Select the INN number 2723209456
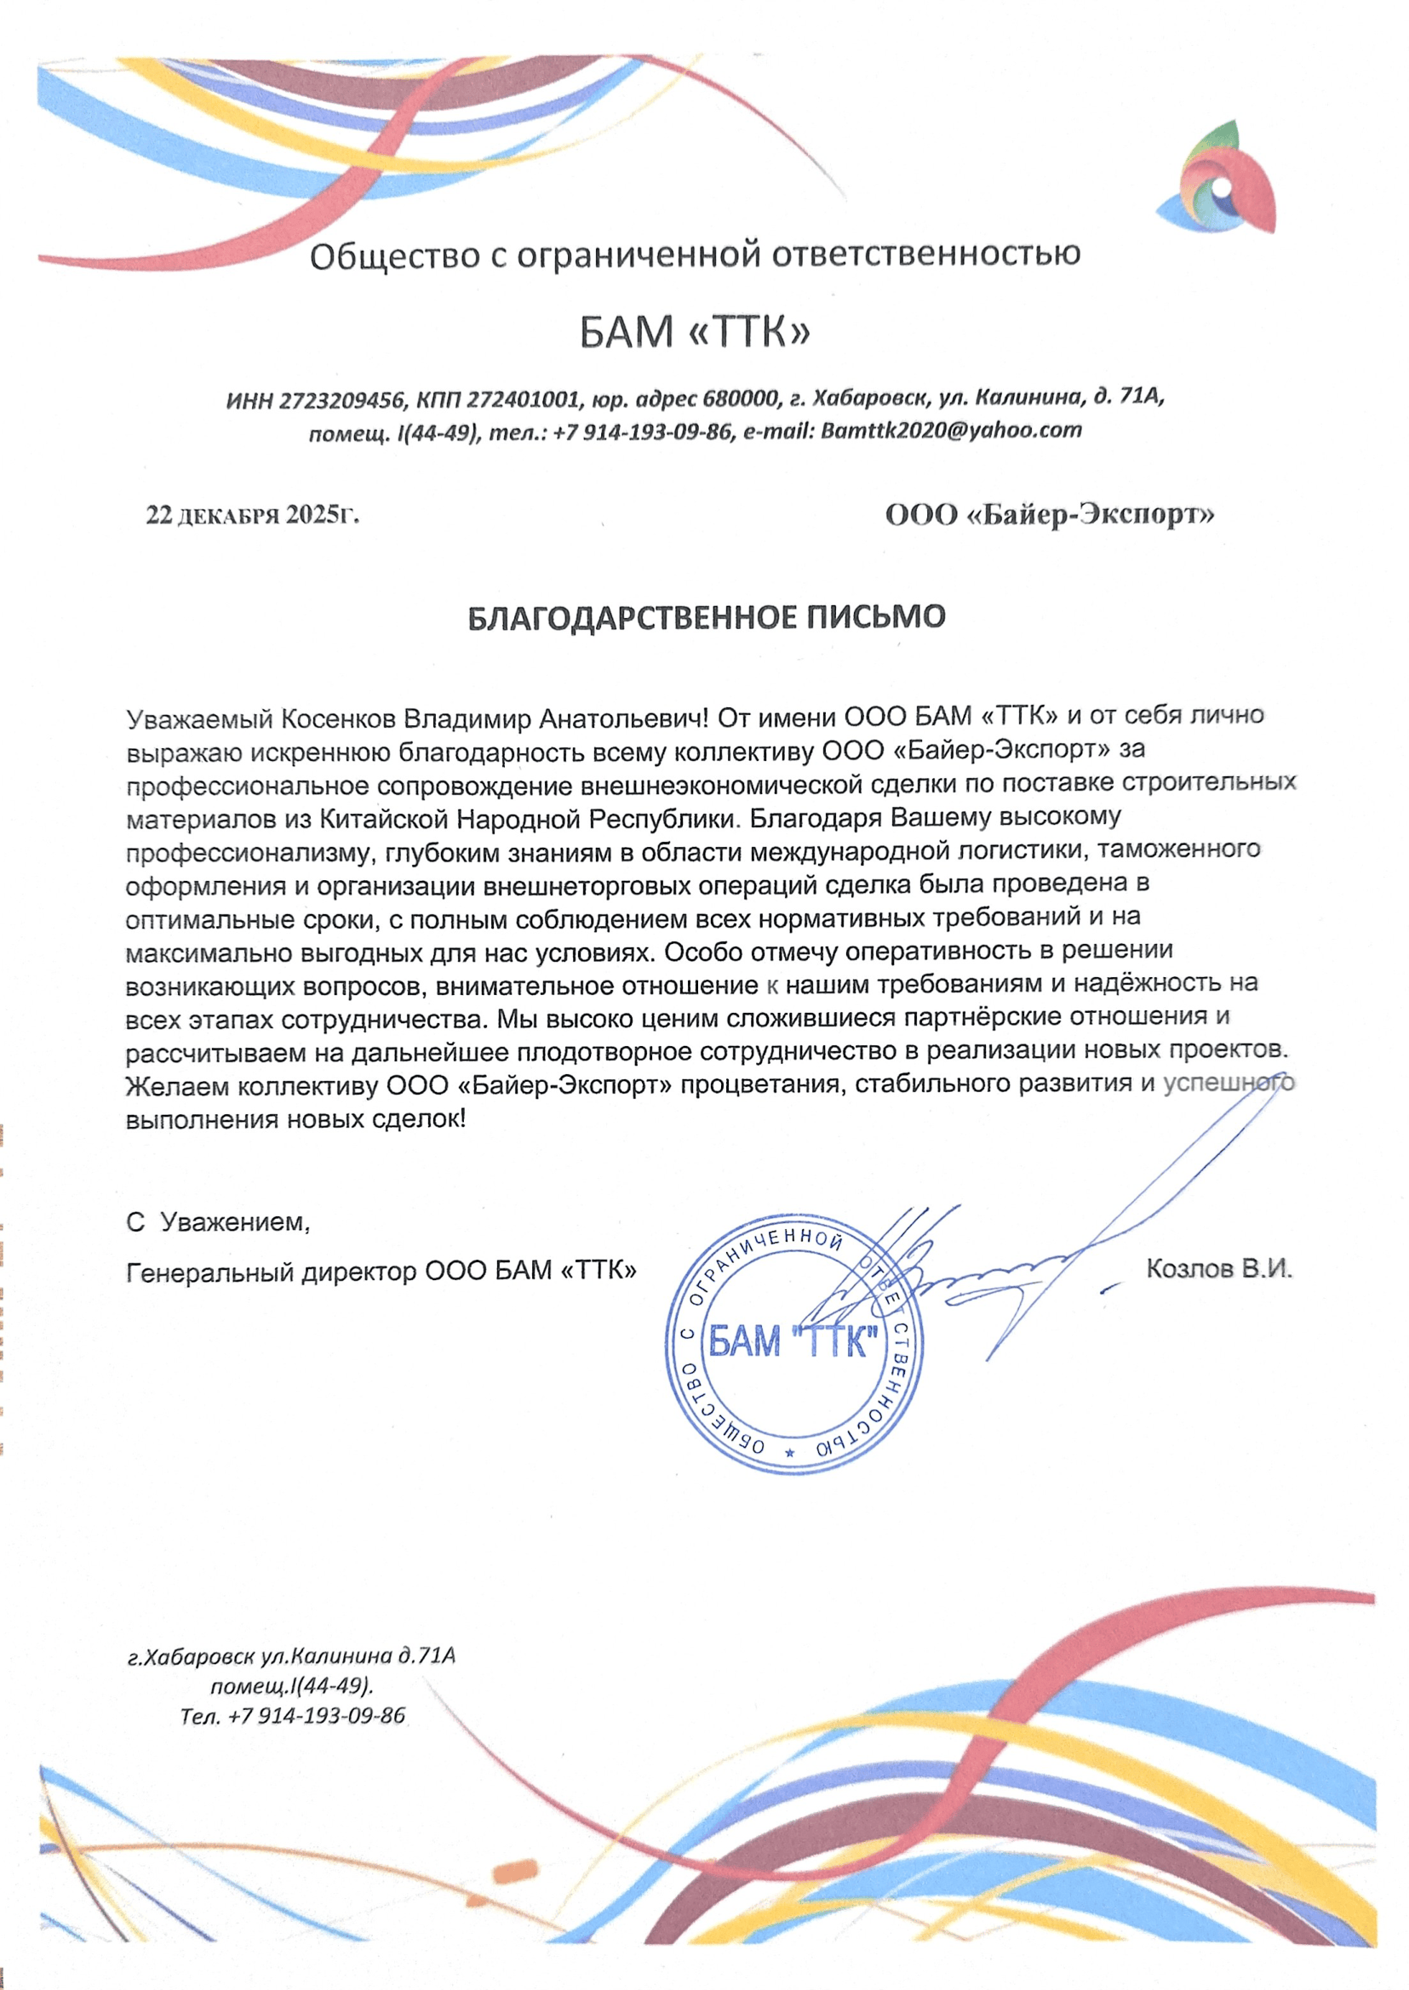pyautogui.click(x=344, y=400)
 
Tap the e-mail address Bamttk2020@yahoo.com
pyautogui.click(x=951, y=431)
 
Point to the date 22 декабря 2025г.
pyautogui.click(x=253, y=515)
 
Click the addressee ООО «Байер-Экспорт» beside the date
pyautogui.click(x=1049, y=515)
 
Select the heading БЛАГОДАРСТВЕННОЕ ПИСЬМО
pyautogui.click(x=707, y=618)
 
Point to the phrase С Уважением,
pyautogui.click(x=218, y=1222)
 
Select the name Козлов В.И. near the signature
pyautogui.click(x=1219, y=1268)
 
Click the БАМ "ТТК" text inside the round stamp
pyautogui.click(x=793, y=1341)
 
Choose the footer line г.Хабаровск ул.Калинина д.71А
pyautogui.click(x=291, y=1656)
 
